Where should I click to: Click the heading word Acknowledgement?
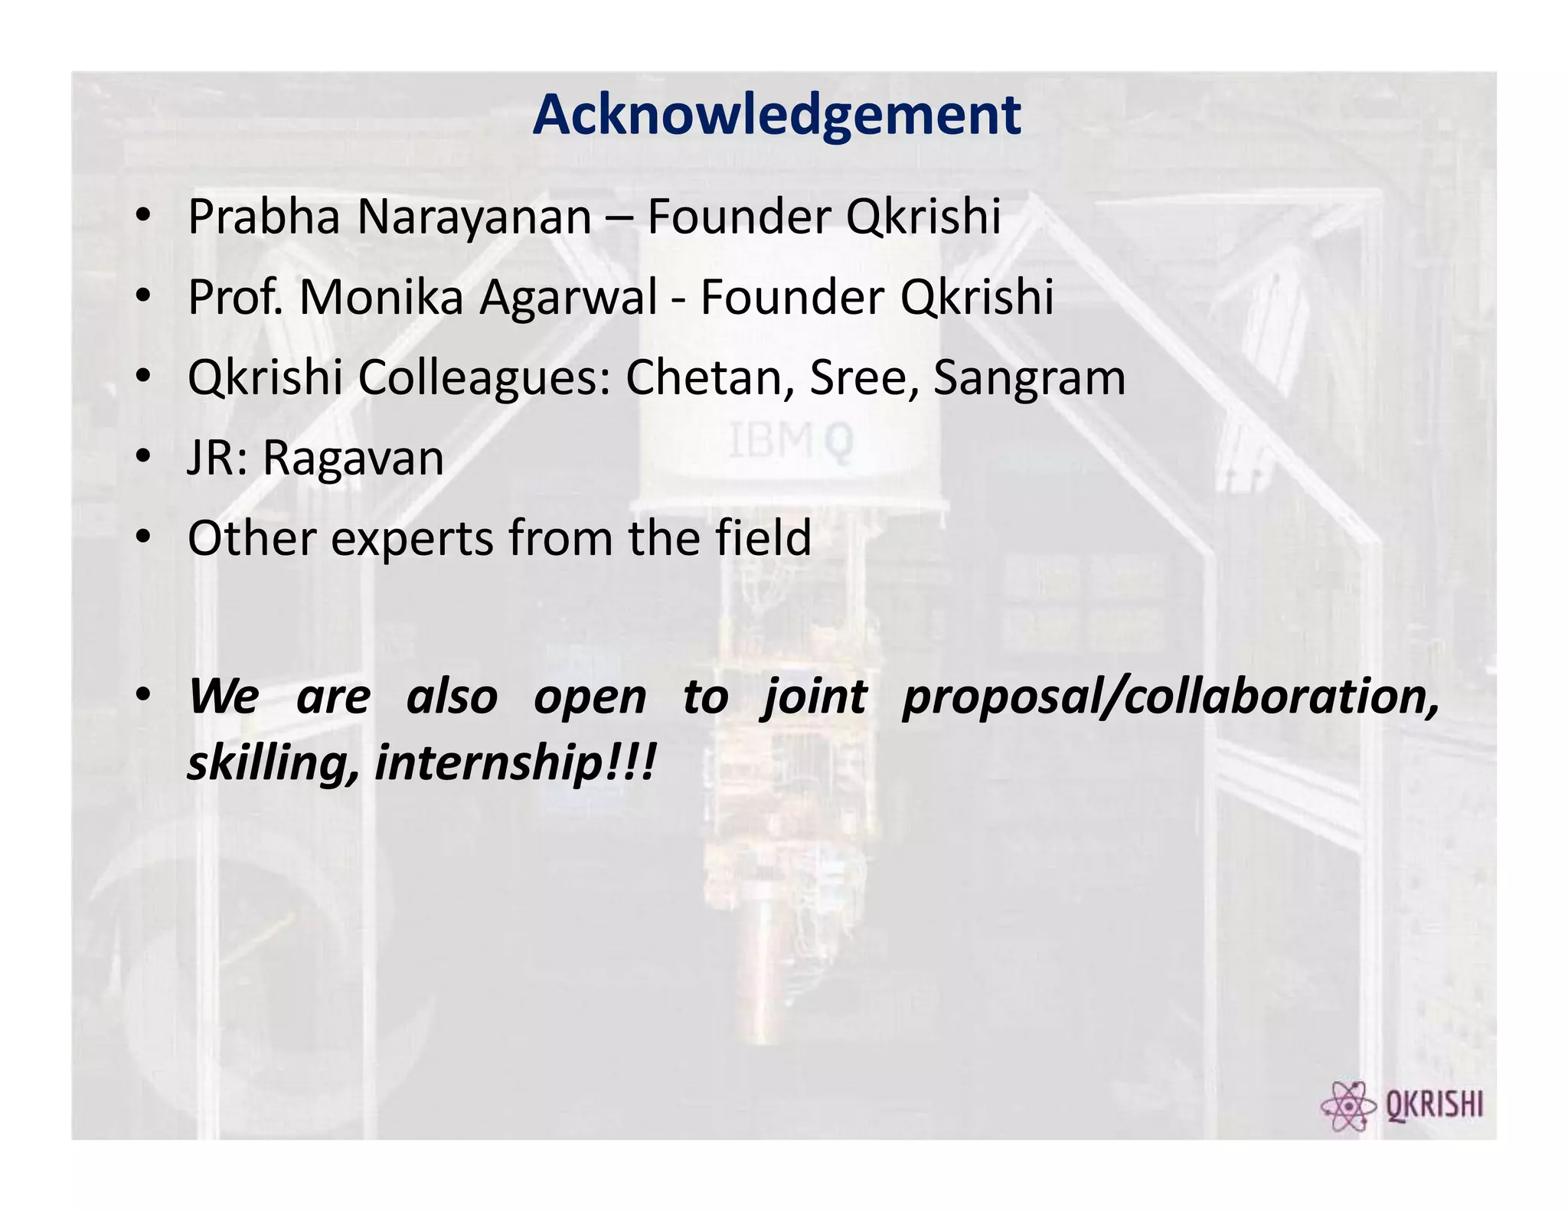point(776,115)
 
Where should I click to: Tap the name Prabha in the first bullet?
point(263,217)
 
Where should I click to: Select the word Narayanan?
point(474,217)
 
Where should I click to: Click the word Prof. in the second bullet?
point(237,297)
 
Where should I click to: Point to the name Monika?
point(381,297)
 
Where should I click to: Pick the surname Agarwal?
point(568,299)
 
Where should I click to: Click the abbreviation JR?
point(217,459)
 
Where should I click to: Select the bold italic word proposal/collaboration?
point(1171,698)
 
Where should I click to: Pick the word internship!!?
point(515,764)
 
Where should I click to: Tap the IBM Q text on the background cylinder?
point(790,442)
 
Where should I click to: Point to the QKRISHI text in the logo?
point(1434,1105)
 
